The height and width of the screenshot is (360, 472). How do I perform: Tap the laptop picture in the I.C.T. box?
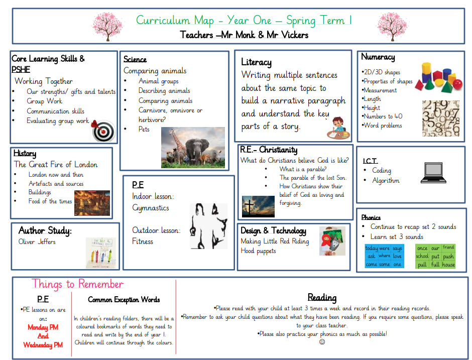[x=432, y=172]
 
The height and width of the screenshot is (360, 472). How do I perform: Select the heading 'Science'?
[x=135, y=59]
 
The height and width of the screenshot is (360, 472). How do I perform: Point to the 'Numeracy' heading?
[x=378, y=57]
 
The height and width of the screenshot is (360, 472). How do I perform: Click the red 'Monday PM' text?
[x=43, y=327]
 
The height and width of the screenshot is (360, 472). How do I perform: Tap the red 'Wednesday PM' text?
[x=43, y=345]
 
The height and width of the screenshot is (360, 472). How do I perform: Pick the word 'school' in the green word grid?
[x=422, y=256]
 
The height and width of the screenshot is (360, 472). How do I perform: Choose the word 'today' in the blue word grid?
[x=372, y=248]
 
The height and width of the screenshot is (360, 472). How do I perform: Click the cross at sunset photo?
[x=258, y=206]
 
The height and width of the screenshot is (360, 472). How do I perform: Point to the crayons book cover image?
[x=100, y=253]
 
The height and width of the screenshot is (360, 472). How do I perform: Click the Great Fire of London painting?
[x=92, y=203]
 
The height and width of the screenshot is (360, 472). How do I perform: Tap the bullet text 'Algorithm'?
[x=386, y=181]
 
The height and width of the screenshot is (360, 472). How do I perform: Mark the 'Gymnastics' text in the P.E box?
[x=151, y=208]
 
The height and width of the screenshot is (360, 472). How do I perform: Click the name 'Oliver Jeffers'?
[x=37, y=242]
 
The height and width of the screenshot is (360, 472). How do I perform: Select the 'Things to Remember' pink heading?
[x=77, y=284]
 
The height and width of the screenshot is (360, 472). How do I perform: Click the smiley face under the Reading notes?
[x=322, y=342]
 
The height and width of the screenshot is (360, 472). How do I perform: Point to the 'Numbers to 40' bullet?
[x=383, y=116]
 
